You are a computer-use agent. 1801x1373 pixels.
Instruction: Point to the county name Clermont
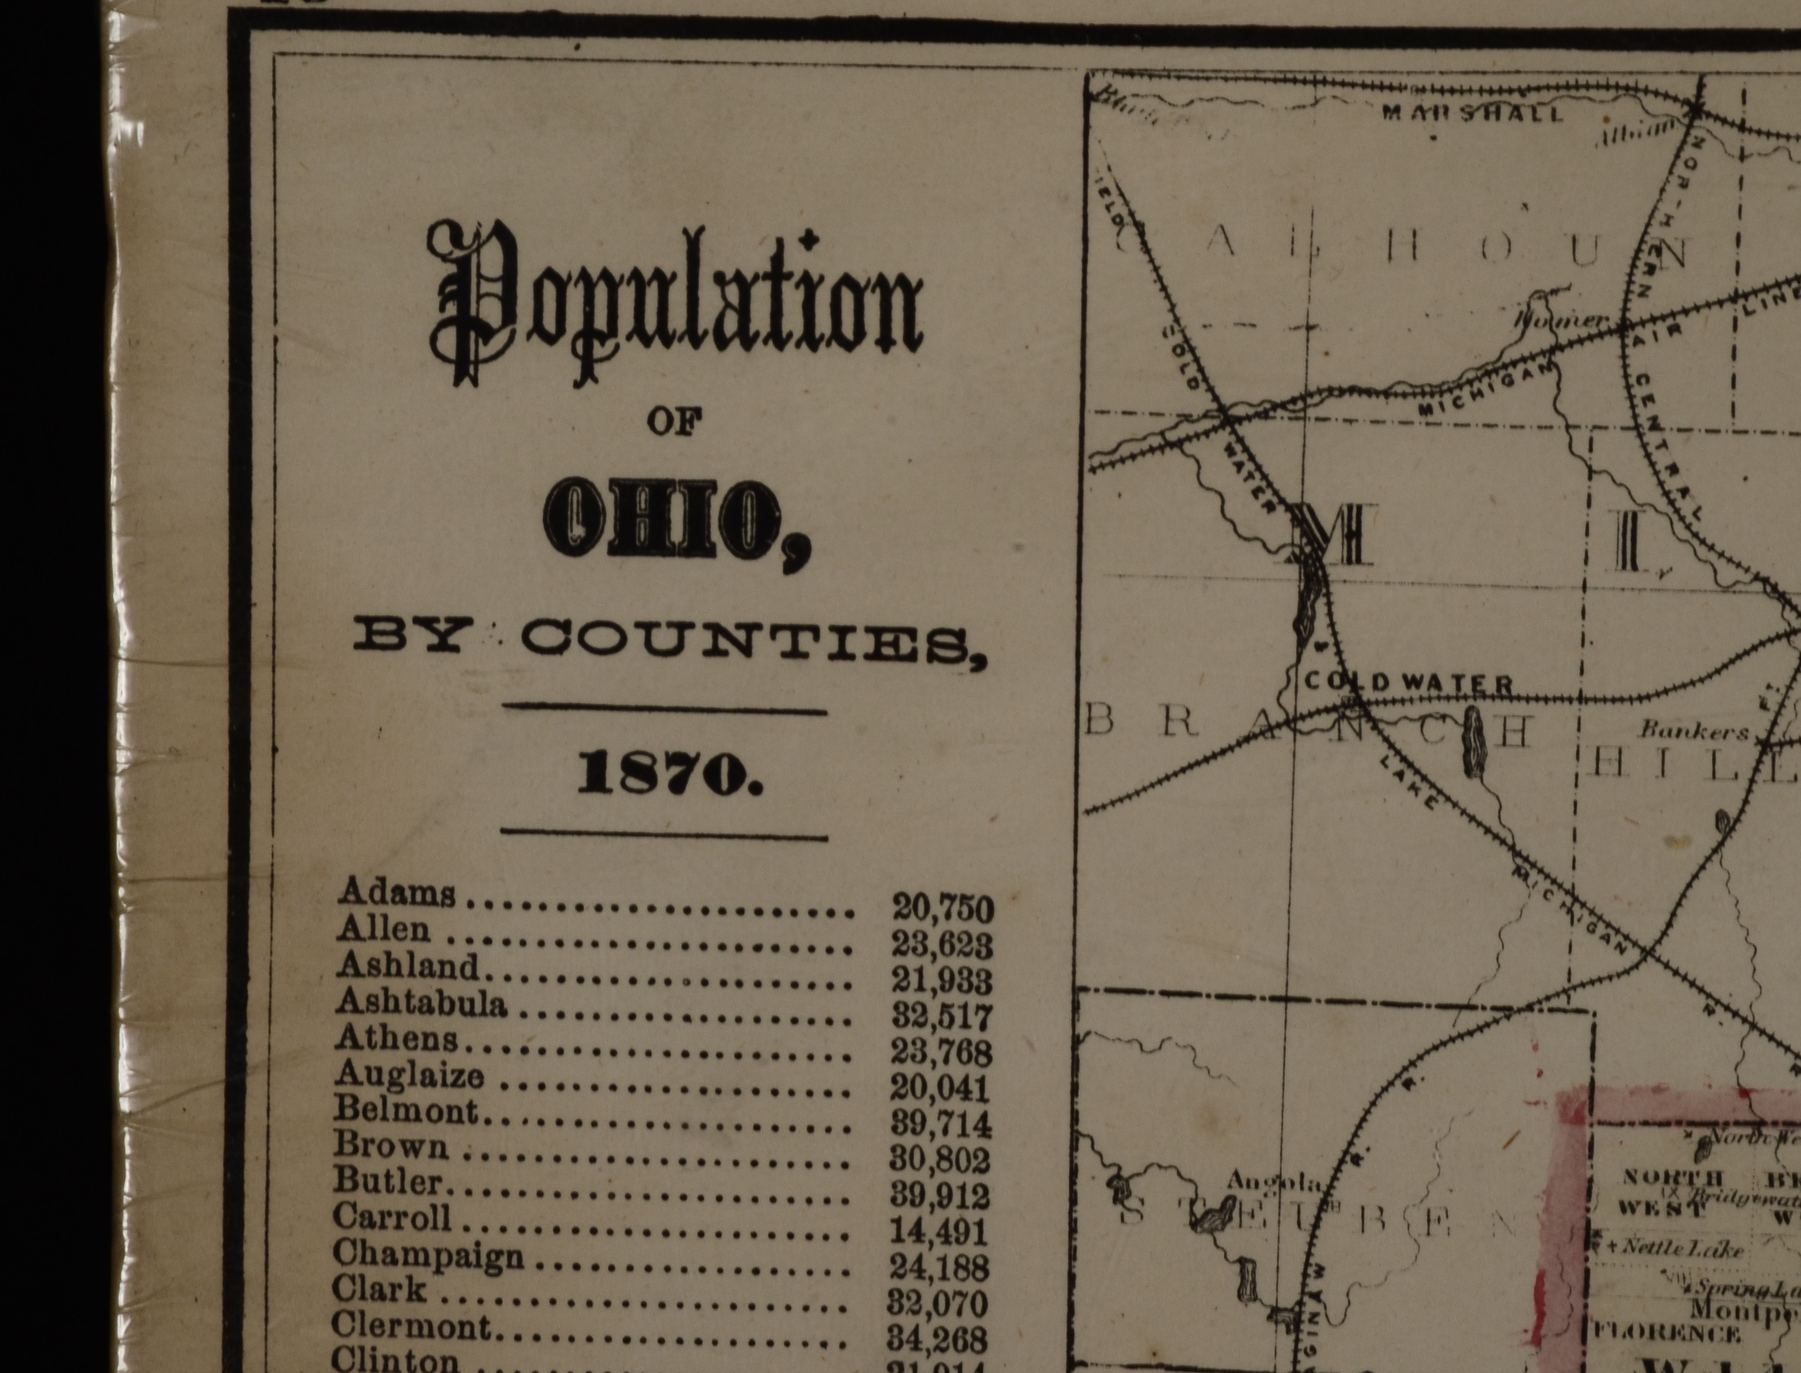(x=411, y=1325)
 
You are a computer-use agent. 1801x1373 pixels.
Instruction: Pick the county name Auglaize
(x=409, y=1074)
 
